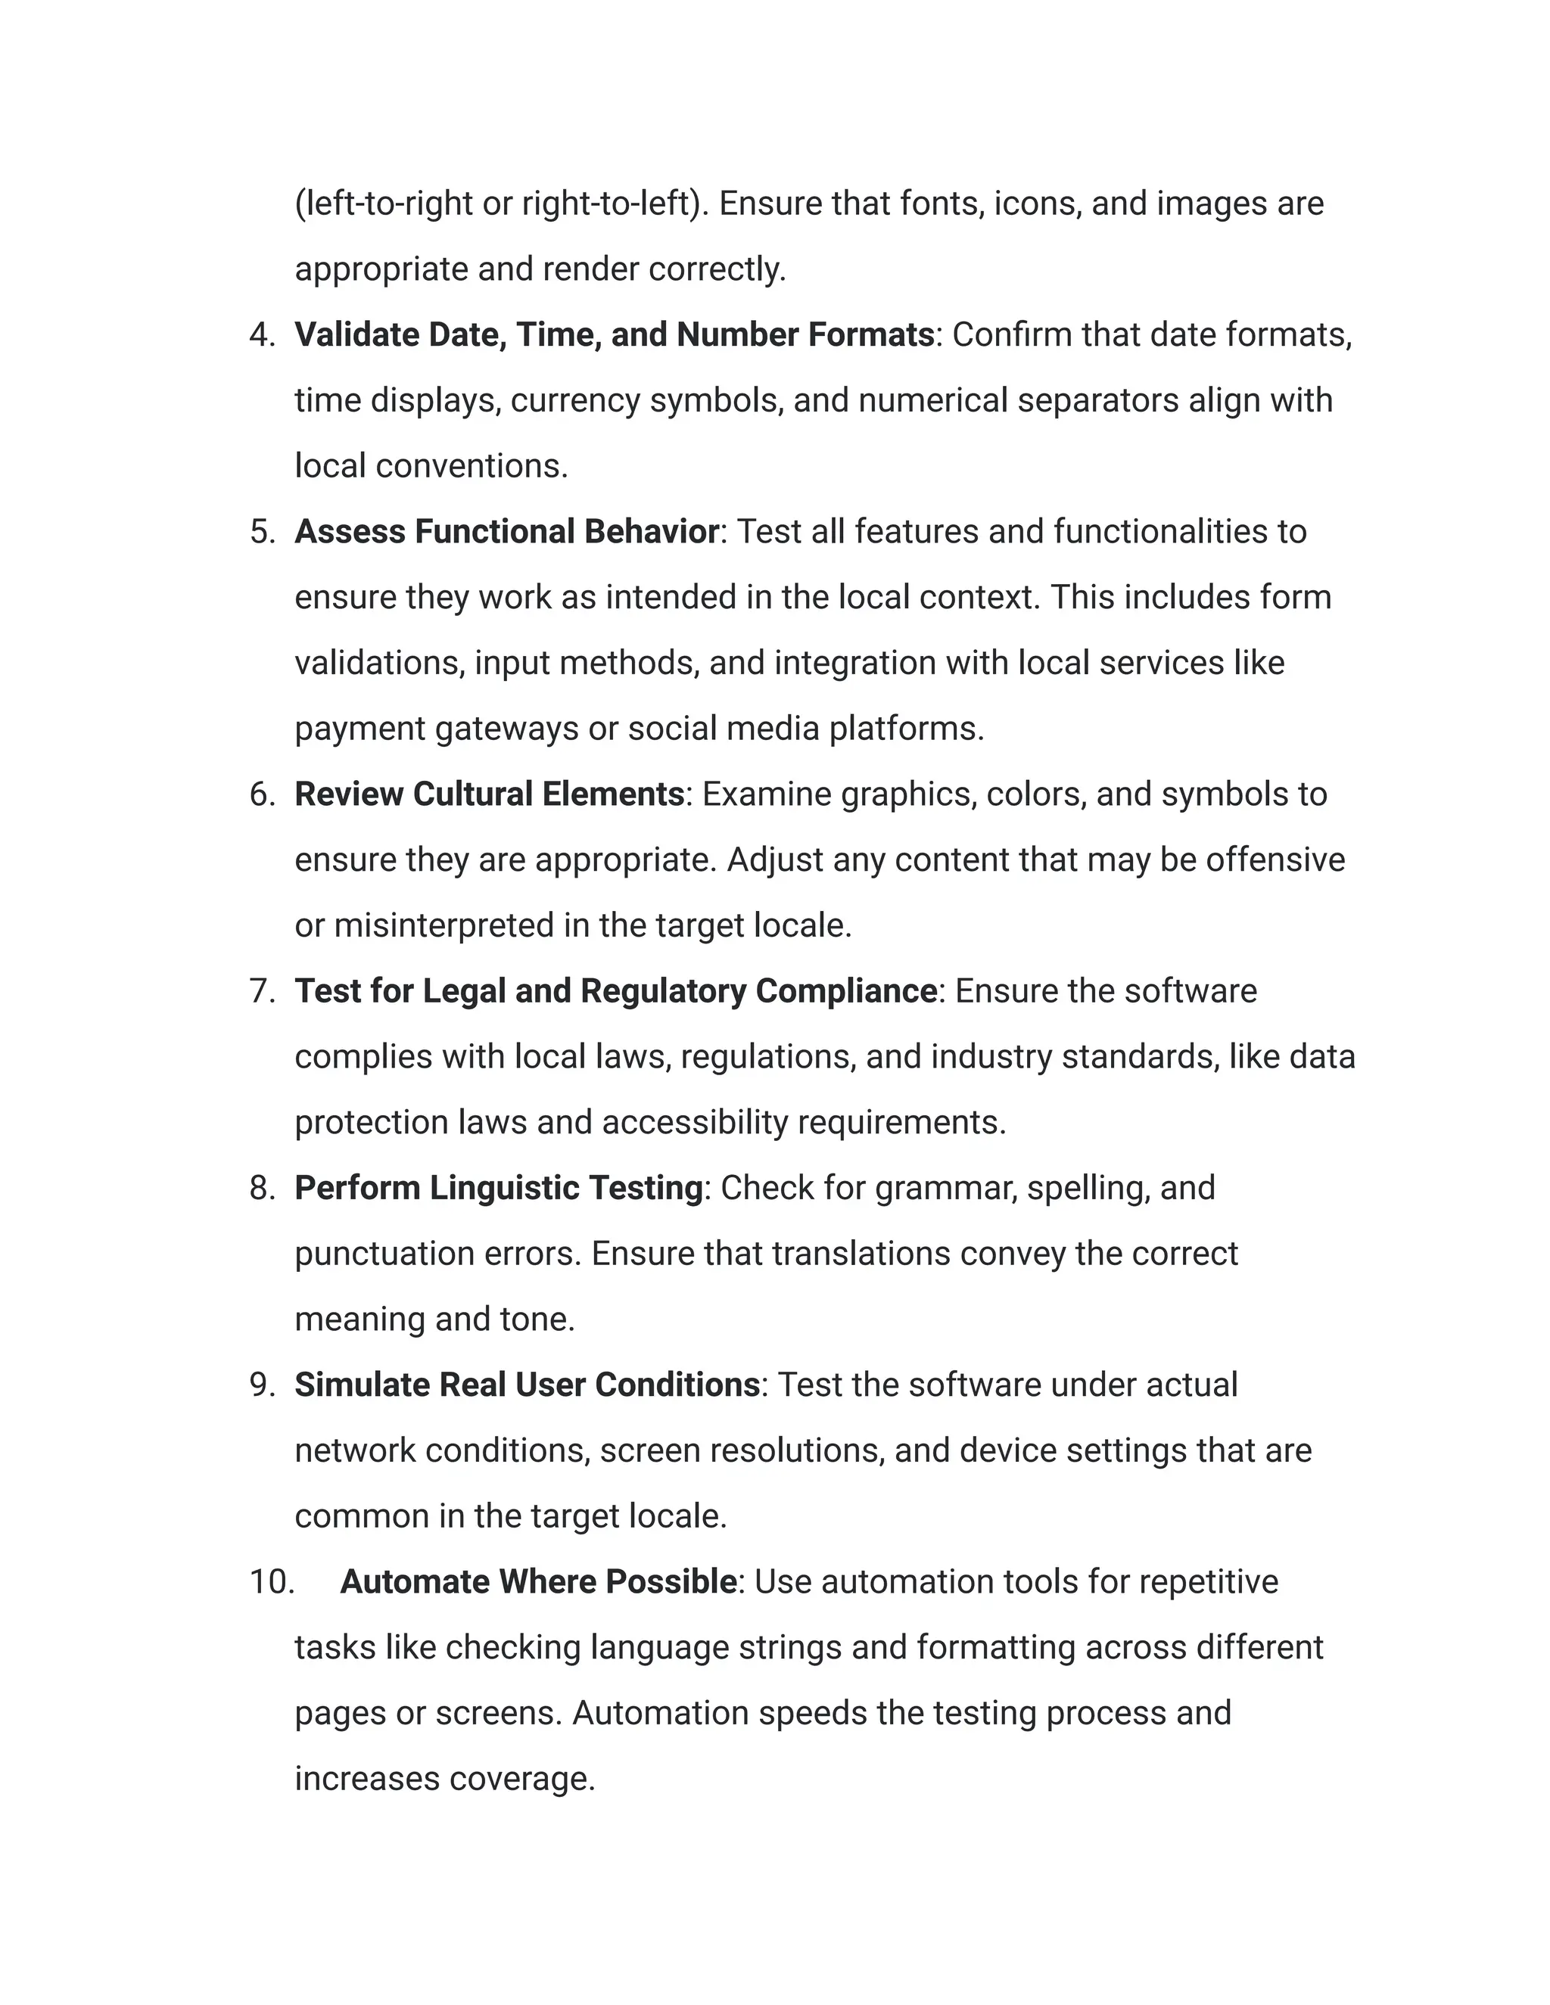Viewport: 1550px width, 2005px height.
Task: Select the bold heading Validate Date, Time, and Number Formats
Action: click(x=613, y=335)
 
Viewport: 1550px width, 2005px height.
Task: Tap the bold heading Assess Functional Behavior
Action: click(x=506, y=533)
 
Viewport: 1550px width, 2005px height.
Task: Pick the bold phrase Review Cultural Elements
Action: click(x=490, y=795)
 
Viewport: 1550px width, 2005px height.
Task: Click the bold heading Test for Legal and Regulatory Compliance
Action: click(x=615, y=991)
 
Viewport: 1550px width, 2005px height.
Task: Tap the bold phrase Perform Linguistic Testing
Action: click(x=499, y=1188)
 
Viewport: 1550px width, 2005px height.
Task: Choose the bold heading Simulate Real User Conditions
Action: click(x=527, y=1385)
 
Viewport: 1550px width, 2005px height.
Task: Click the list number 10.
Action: click(x=272, y=1582)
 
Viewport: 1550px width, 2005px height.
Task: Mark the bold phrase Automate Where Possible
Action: click(x=538, y=1582)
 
